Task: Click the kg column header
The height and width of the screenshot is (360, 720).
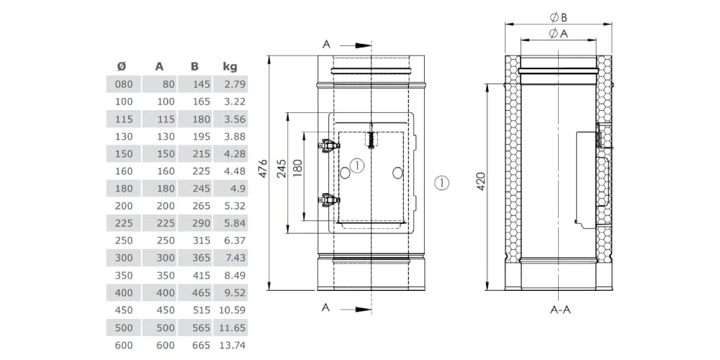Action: click(230, 66)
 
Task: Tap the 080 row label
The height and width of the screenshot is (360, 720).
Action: click(123, 84)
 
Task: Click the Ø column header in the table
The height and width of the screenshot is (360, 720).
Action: click(122, 66)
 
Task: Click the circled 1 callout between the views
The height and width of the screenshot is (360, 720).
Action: click(442, 181)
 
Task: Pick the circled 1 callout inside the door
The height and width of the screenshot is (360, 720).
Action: click(359, 165)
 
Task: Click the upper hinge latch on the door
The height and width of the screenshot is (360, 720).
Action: click(329, 145)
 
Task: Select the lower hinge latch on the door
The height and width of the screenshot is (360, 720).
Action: click(329, 199)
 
